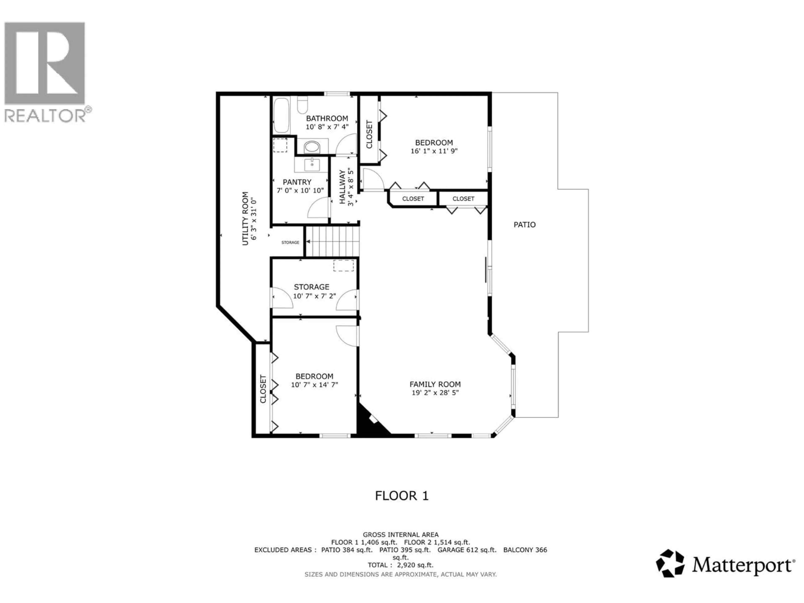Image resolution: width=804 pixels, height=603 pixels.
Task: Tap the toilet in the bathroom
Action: (302, 105)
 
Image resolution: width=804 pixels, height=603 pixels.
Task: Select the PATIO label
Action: (524, 225)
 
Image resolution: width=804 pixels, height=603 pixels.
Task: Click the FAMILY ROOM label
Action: (435, 384)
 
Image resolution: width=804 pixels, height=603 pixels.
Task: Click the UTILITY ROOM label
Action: (245, 218)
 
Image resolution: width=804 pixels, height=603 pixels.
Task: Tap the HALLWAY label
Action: (342, 187)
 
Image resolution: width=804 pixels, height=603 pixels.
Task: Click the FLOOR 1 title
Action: (402, 496)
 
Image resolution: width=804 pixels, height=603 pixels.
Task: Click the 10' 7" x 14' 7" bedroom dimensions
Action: (314, 385)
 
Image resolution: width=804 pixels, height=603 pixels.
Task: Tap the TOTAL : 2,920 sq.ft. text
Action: (401, 565)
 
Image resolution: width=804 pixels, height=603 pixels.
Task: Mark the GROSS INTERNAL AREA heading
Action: (401, 535)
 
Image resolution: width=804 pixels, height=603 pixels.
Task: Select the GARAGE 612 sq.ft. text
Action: (467, 550)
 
